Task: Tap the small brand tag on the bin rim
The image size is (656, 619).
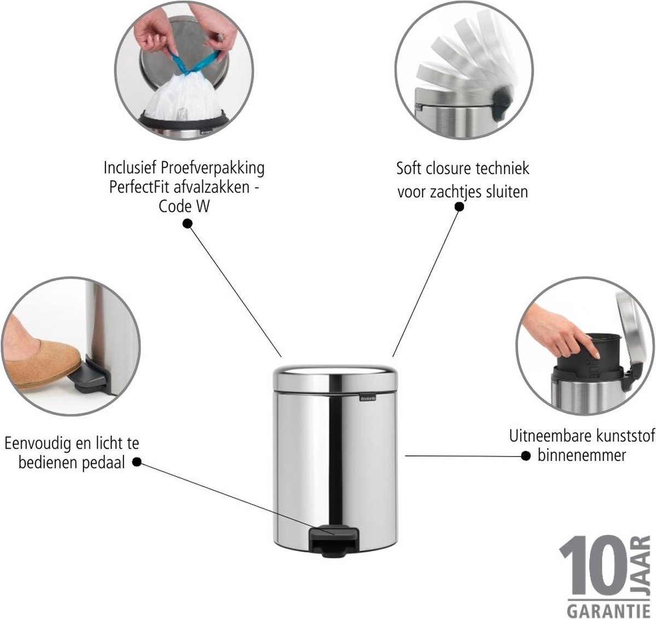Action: tap(368, 398)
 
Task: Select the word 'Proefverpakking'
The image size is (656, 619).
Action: tap(213, 169)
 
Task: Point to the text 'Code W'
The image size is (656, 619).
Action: tap(184, 206)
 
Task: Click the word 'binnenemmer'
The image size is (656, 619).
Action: tap(582, 455)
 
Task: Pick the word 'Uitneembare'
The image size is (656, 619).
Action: tap(549, 436)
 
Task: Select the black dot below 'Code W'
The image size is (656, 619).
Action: tap(188, 224)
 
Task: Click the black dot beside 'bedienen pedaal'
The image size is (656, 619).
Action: tap(137, 462)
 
